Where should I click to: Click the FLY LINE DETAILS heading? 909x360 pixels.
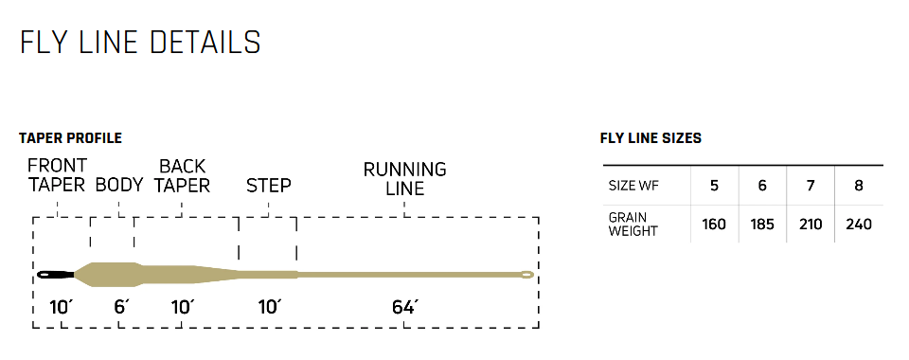point(140,43)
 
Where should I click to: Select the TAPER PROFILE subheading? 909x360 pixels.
point(70,138)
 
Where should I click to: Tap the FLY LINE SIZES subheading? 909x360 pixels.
point(651,138)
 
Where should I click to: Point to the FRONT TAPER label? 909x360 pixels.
point(57,175)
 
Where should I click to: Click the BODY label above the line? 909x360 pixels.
point(119,185)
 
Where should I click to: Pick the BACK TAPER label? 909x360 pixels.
point(183,175)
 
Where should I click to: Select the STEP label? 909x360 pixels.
point(269,185)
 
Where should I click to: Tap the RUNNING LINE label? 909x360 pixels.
point(405,179)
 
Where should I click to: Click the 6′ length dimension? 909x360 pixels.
point(120,307)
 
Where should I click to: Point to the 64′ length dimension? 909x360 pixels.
point(405,307)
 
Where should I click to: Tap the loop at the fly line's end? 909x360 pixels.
point(526,275)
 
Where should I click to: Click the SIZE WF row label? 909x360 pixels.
point(634,186)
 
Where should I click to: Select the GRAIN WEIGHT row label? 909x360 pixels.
point(633,225)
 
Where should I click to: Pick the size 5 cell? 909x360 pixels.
point(714,186)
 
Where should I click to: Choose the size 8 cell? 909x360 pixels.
point(859,186)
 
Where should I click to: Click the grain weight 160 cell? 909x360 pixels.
point(714,225)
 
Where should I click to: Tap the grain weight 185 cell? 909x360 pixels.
point(762,225)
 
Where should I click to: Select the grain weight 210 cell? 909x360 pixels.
point(811,225)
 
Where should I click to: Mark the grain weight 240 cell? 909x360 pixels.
point(859,225)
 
